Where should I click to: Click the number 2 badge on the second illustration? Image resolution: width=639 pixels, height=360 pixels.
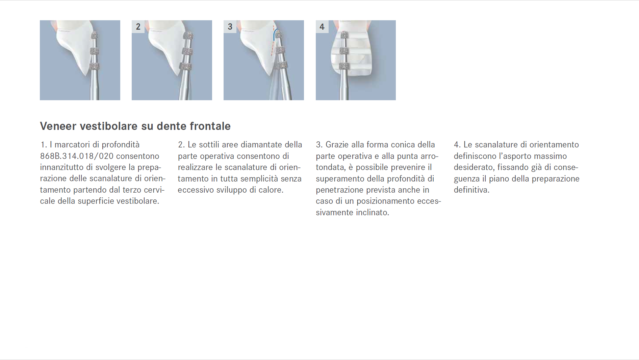pos(138,27)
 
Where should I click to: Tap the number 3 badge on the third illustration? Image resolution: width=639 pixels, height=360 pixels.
pos(230,27)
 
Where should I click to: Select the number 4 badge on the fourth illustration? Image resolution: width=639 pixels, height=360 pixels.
pos(322,27)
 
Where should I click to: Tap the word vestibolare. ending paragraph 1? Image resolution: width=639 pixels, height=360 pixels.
pos(138,201)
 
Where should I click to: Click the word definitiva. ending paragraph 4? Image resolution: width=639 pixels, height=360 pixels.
pos(471,190)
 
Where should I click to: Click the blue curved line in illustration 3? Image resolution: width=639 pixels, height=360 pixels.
pos(275,34)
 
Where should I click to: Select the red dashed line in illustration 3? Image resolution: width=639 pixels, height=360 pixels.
pos(272,40)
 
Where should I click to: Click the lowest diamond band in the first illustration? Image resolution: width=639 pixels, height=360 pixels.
pos(95,66)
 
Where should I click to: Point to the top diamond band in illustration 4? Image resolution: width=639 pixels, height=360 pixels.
pos(344,35)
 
